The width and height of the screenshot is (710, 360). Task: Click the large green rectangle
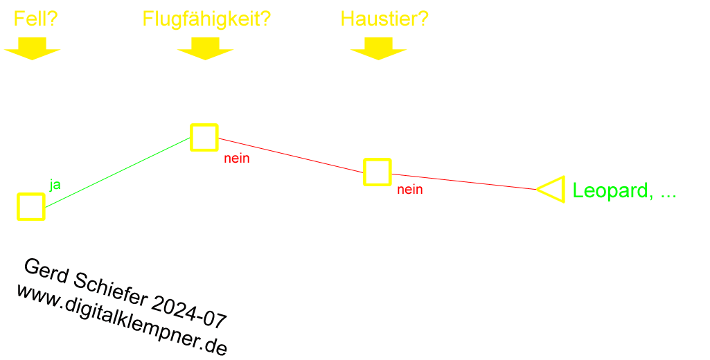(122, 172)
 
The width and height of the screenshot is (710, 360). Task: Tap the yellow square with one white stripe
(31, 207)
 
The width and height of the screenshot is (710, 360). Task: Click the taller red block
(288, 155)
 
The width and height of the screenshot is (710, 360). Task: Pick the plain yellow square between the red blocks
(378, 172)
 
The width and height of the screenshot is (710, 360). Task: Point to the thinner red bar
(465, 181)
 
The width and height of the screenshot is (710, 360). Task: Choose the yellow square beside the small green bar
(554, 189)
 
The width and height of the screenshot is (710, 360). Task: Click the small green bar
(619, 192)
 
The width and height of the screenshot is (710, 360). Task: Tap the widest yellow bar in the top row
(207, 20)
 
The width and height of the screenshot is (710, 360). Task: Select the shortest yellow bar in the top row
(36, 18)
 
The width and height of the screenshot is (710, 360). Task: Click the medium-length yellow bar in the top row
(385, 18)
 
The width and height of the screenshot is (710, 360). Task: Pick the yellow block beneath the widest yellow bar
(205, 49)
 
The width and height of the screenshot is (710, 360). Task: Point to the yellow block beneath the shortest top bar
(32, 49)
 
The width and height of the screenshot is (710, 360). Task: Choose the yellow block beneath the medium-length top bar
(378, 49)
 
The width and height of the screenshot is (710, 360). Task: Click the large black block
(118, 318)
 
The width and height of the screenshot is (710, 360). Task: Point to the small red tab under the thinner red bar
(410, 191)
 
